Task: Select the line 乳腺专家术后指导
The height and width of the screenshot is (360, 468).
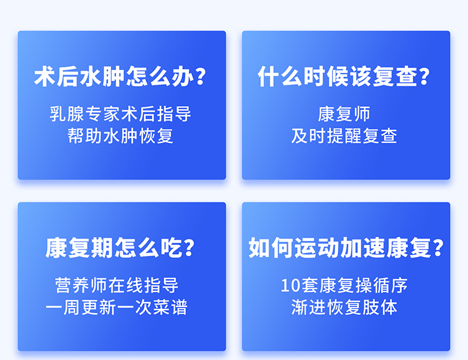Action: pyautogui.click(x=120, y=114)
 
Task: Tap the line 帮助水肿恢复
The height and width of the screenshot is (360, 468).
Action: pyautogui.click(x=120, y=136)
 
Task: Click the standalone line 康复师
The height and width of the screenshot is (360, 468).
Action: pyautogui.click(x=344, y=114)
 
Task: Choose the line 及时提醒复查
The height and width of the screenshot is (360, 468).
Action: pyautogui.click(x=344, y=136)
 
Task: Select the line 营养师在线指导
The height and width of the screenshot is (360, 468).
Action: pyautogui.click(x=117, y=285)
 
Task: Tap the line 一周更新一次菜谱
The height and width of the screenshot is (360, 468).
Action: pyautogui.click(x=117, y=307)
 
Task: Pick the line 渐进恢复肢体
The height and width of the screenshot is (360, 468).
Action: pyautogui.click(x=344, y=307)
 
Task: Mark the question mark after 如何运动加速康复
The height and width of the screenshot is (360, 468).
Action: pyautogui.click(x=438, y=248)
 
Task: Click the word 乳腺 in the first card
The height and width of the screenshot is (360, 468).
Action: pyautogui.click(x=67, y=114)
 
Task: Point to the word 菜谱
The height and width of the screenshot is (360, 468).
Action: pyautogui.click(x=170, y=307)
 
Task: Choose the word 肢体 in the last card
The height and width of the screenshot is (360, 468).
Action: pyautogui.click(x=380, y=307)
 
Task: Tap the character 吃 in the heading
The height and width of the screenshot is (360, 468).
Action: pyautogui.click(x=172, y=248)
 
